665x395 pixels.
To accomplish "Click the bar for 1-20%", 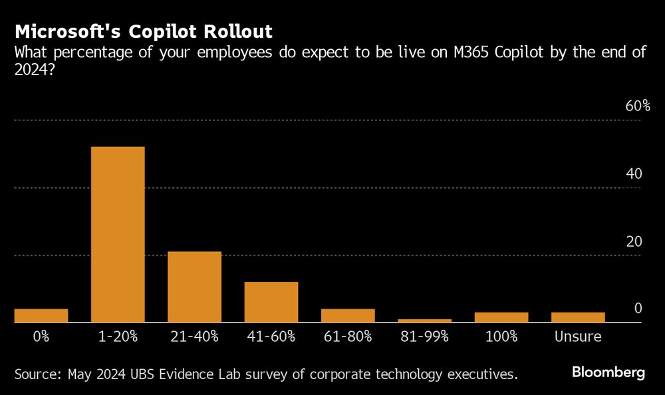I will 118,234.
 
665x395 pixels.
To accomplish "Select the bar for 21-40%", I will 194,287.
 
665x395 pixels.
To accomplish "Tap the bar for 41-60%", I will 271,302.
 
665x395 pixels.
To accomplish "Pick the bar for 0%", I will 41,315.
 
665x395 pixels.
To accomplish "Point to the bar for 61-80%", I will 348,315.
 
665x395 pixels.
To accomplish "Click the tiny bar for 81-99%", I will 424,321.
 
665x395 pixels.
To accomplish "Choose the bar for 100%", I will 501,317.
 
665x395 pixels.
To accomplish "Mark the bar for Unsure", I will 578,317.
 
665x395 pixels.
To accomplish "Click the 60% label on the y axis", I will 636,107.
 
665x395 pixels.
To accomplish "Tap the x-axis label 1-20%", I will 118,336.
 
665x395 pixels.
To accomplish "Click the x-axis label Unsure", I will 578,336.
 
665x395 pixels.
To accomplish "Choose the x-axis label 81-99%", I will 424,336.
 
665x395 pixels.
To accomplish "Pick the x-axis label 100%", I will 501,336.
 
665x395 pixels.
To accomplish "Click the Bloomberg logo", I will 608,373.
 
